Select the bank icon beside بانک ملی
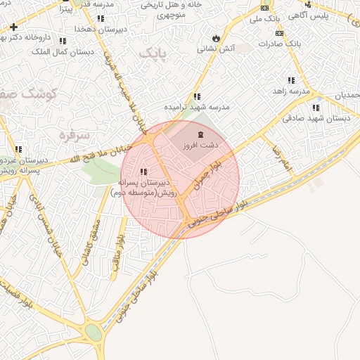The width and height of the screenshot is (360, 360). pos(264,8)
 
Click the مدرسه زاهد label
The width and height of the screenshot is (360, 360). pos(291,91)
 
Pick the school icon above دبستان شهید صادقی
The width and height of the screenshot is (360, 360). pos(316,108)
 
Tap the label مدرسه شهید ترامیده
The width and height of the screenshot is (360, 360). pos(197,107)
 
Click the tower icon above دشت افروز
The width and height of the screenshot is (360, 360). pos(201,134)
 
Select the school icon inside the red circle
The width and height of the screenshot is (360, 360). pos(144,172)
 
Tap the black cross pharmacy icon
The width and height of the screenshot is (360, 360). pos(13,27)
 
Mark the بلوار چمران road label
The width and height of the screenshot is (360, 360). pos(209,174)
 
